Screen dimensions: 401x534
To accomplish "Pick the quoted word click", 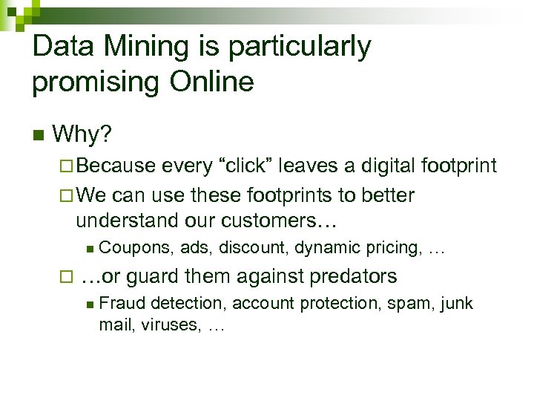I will pyautogui.click(x=239, y=165).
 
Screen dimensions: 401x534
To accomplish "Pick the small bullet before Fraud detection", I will pyautogui.click(x=89, y=304).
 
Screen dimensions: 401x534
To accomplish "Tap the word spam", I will pyautogui.click(x=416, y=303).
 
